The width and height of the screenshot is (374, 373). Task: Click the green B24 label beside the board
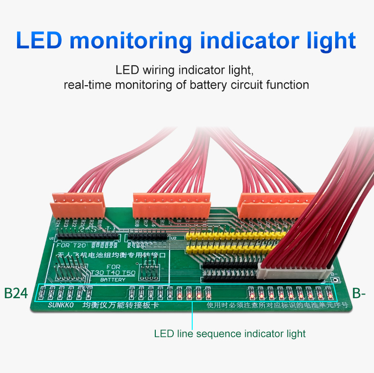click(x=16, y=293)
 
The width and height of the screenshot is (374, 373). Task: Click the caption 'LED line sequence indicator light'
click(x=230, y=334)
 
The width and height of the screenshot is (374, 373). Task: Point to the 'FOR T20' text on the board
click(x=71, y=245)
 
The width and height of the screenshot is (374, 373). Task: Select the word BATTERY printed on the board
click(x=113, y=280)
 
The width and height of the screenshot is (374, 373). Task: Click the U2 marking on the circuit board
click(x=173, y=238)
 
